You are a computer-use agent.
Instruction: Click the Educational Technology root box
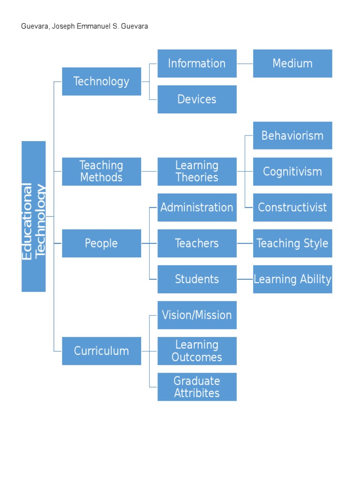point(34,216)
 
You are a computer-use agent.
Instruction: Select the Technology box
point(101,82)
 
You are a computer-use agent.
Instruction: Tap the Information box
point(197,63)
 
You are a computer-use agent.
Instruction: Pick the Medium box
point(292,63)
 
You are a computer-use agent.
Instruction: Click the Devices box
point(197,99)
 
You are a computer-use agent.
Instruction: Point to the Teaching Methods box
point(101,172)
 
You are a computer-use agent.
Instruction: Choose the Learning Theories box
point(197,172)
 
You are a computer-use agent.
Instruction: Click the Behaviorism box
point(292,135)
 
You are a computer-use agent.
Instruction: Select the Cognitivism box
point(292,172)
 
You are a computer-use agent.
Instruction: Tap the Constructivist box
point(292,207)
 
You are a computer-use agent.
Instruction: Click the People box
point(101,243)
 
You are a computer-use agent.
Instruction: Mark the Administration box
point(197,207)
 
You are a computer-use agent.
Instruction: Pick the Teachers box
point(197,243)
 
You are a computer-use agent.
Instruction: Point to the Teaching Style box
point(292,243)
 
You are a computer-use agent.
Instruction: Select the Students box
point(197,279)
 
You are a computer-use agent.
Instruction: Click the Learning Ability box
point(292,279)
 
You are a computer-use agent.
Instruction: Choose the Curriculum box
point(101,351)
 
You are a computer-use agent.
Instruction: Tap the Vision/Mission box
point(197,315)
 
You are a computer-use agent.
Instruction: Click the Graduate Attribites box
point(197,387)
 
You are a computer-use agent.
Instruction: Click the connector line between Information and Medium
point(245,63)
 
